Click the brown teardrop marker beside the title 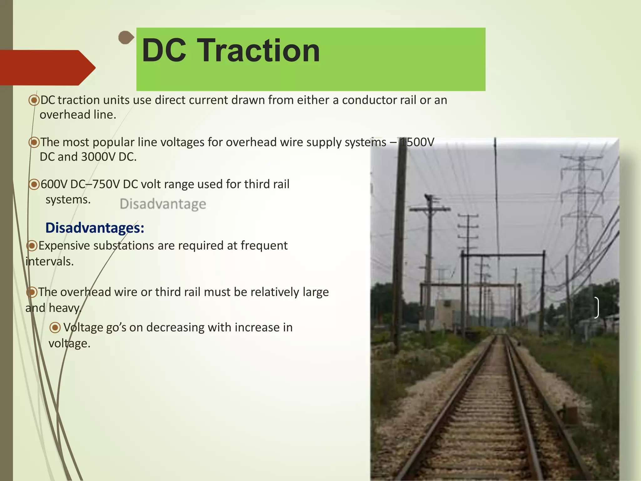(x=126, y=38)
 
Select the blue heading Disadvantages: (x=95, y=228)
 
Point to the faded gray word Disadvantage (x=163, y=204)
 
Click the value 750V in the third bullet (x=105, y=184)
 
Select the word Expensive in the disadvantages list (x=64, y=246)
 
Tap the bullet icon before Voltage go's (x=55, y=328)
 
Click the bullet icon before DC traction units (x=34, y=100)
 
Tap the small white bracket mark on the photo (x=597, y=308)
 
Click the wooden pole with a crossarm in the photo (x=430, y=251)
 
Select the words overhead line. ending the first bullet (x=78, y=115)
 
